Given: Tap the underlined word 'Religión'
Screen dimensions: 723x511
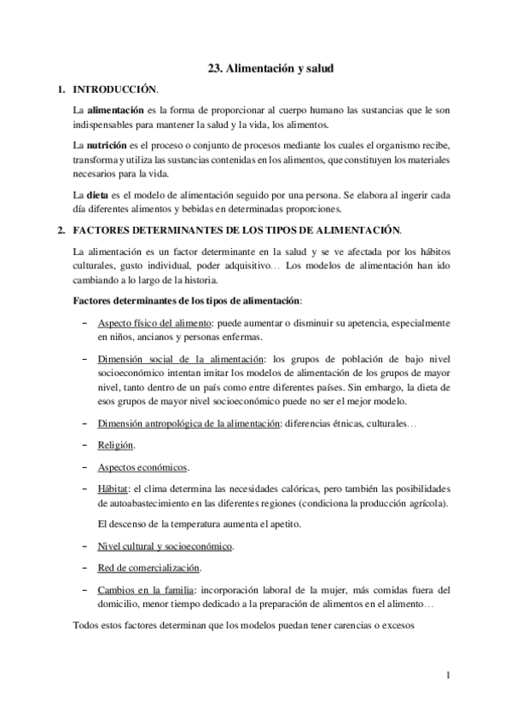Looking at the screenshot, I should (x=115, y=445).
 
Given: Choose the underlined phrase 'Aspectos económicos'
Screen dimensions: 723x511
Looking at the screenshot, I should (x=142, y=467).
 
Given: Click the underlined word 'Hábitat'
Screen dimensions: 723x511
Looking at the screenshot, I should (x=113, y=489).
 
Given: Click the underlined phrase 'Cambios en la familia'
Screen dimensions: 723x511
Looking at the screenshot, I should (x=146, y=590).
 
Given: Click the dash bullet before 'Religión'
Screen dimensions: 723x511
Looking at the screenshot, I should (x=84, y=445).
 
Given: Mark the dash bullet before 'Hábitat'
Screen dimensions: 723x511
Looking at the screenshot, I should (x=84, y=489).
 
